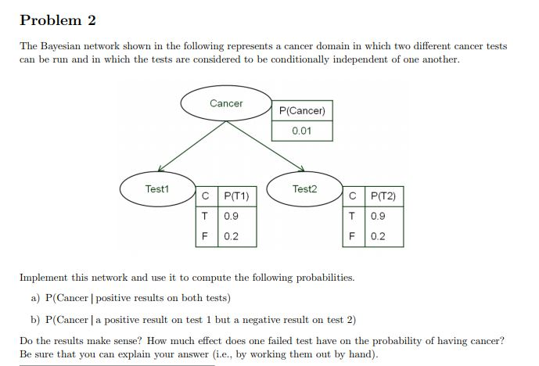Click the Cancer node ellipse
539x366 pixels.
click(x=225, y=103)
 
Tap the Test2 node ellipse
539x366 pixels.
click(x=304, y=189)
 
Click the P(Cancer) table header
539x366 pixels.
click(x=301, y=111)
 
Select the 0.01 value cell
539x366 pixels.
click(x=301, y=131)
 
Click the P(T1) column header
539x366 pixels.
click(x=235, y=196)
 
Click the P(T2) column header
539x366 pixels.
click(x=383, y=196)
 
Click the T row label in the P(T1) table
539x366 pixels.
click(x=205, y=216)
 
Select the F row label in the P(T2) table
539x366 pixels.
click(x=353, y=235)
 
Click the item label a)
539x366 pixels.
click(x=35, y=298)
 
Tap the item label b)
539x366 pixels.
click(x=35, y=319)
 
